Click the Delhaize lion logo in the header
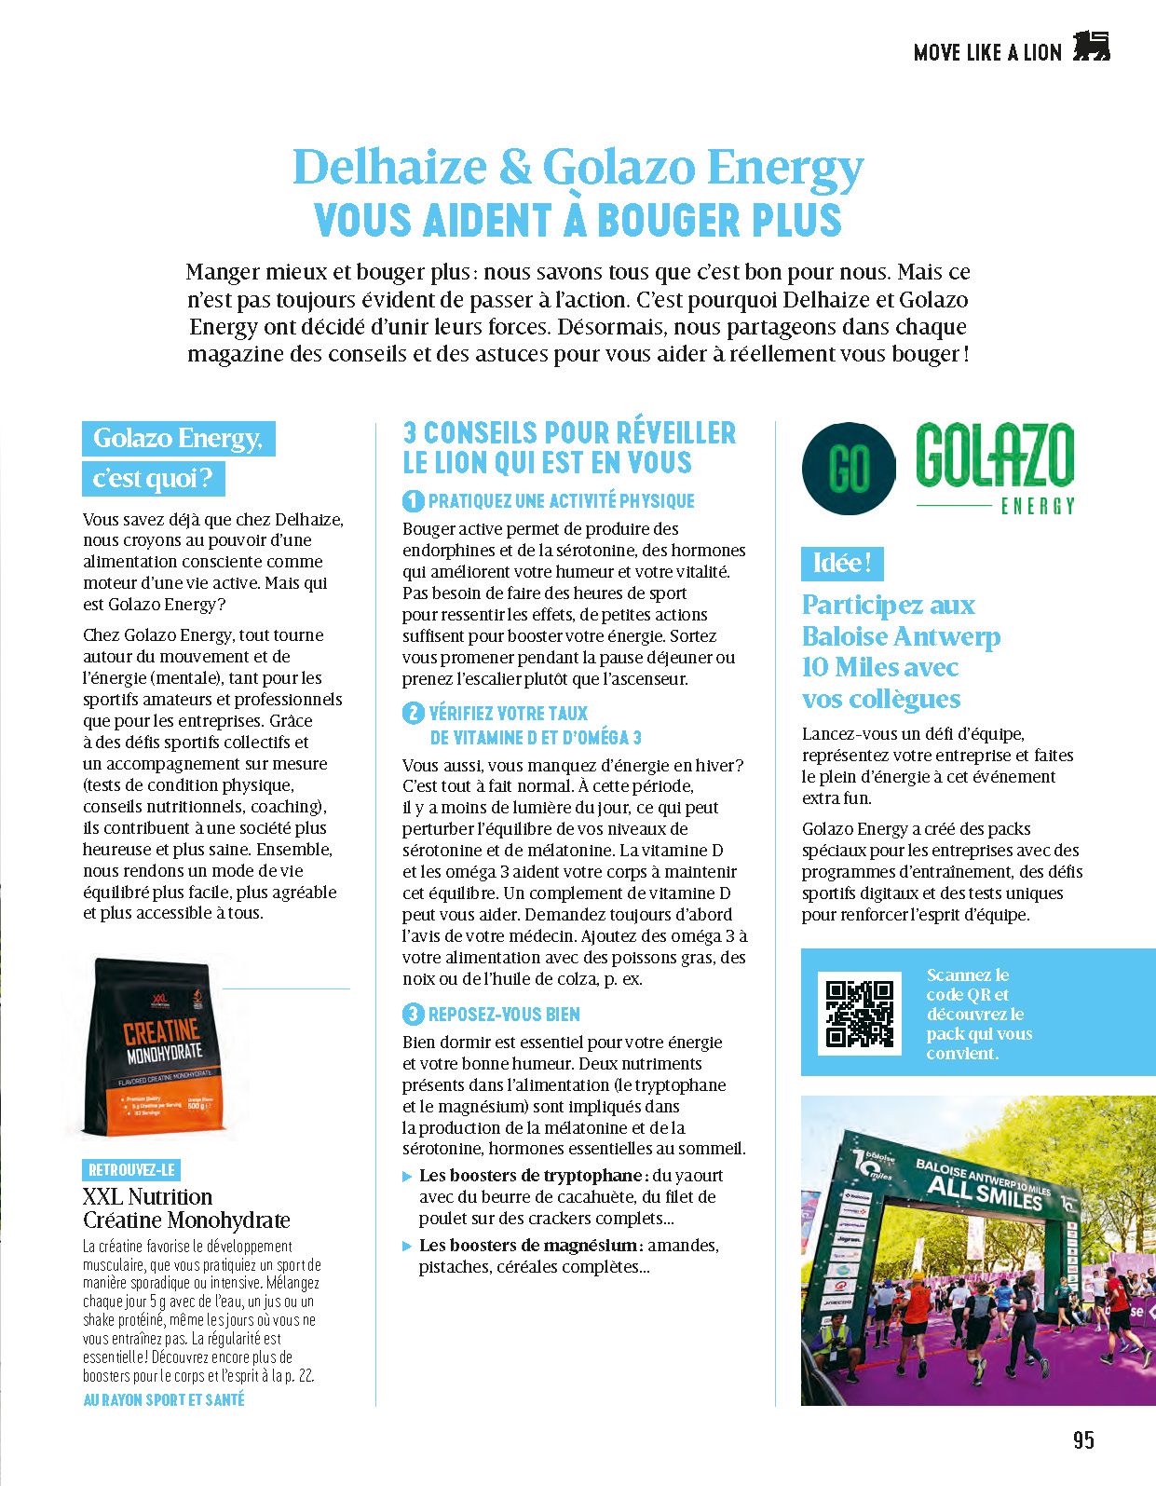pos(1092,47)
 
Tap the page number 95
pos(1083,1440)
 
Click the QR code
pos(859,1013)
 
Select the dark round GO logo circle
pos(849,468)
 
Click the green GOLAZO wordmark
pos(994,456)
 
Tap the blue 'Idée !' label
pos(842,564)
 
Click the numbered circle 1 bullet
pos(413,501)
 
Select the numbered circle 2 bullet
pos(413,714)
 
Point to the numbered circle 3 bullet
pos(413,1015)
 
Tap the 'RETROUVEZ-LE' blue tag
pos(130,1170)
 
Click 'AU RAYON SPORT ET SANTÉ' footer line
pos(164,1400)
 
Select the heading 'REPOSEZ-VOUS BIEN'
pos(504,1015)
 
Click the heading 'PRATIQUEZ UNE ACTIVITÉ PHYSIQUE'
pos(561,501)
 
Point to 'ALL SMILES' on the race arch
pos(985,1192)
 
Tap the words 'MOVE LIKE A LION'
pos(987,53)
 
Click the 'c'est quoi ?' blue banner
pos(155,479)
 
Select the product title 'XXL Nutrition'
pos(148,1197)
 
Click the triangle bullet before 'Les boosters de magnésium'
pos(407,1247)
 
